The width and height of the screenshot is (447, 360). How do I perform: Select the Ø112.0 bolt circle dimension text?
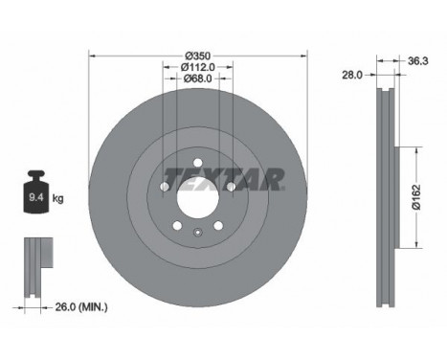[196, 66]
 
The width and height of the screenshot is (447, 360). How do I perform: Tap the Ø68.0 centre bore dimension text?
[196, 79]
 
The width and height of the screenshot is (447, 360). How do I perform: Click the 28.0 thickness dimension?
[352, 72]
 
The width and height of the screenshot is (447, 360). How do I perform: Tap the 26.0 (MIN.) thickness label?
[80, 306]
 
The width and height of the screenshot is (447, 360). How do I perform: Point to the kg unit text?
[57, 199]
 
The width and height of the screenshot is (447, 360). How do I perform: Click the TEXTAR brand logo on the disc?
[224, 179]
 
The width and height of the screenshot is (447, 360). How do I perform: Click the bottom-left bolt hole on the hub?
[176, 225]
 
